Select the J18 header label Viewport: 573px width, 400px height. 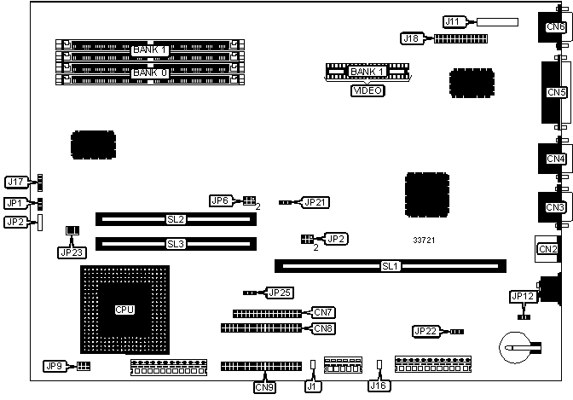coord(412,38)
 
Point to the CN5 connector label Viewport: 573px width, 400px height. coord(556,92)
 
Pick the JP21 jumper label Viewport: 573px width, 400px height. coord(315,203)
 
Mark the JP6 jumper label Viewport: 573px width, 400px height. coord(221,200)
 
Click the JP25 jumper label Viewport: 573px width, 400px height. coord(279,293)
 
